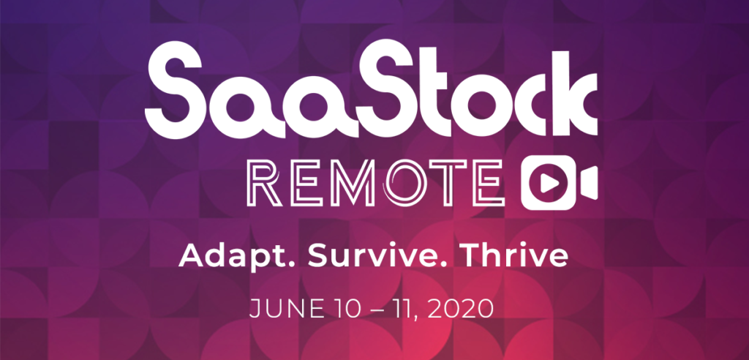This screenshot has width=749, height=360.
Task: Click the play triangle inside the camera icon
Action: (549, 183)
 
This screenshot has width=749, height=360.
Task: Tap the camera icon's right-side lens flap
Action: (589, 183)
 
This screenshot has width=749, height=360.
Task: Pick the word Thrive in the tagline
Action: (516, 256)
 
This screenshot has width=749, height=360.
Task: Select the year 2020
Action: (461, 310)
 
